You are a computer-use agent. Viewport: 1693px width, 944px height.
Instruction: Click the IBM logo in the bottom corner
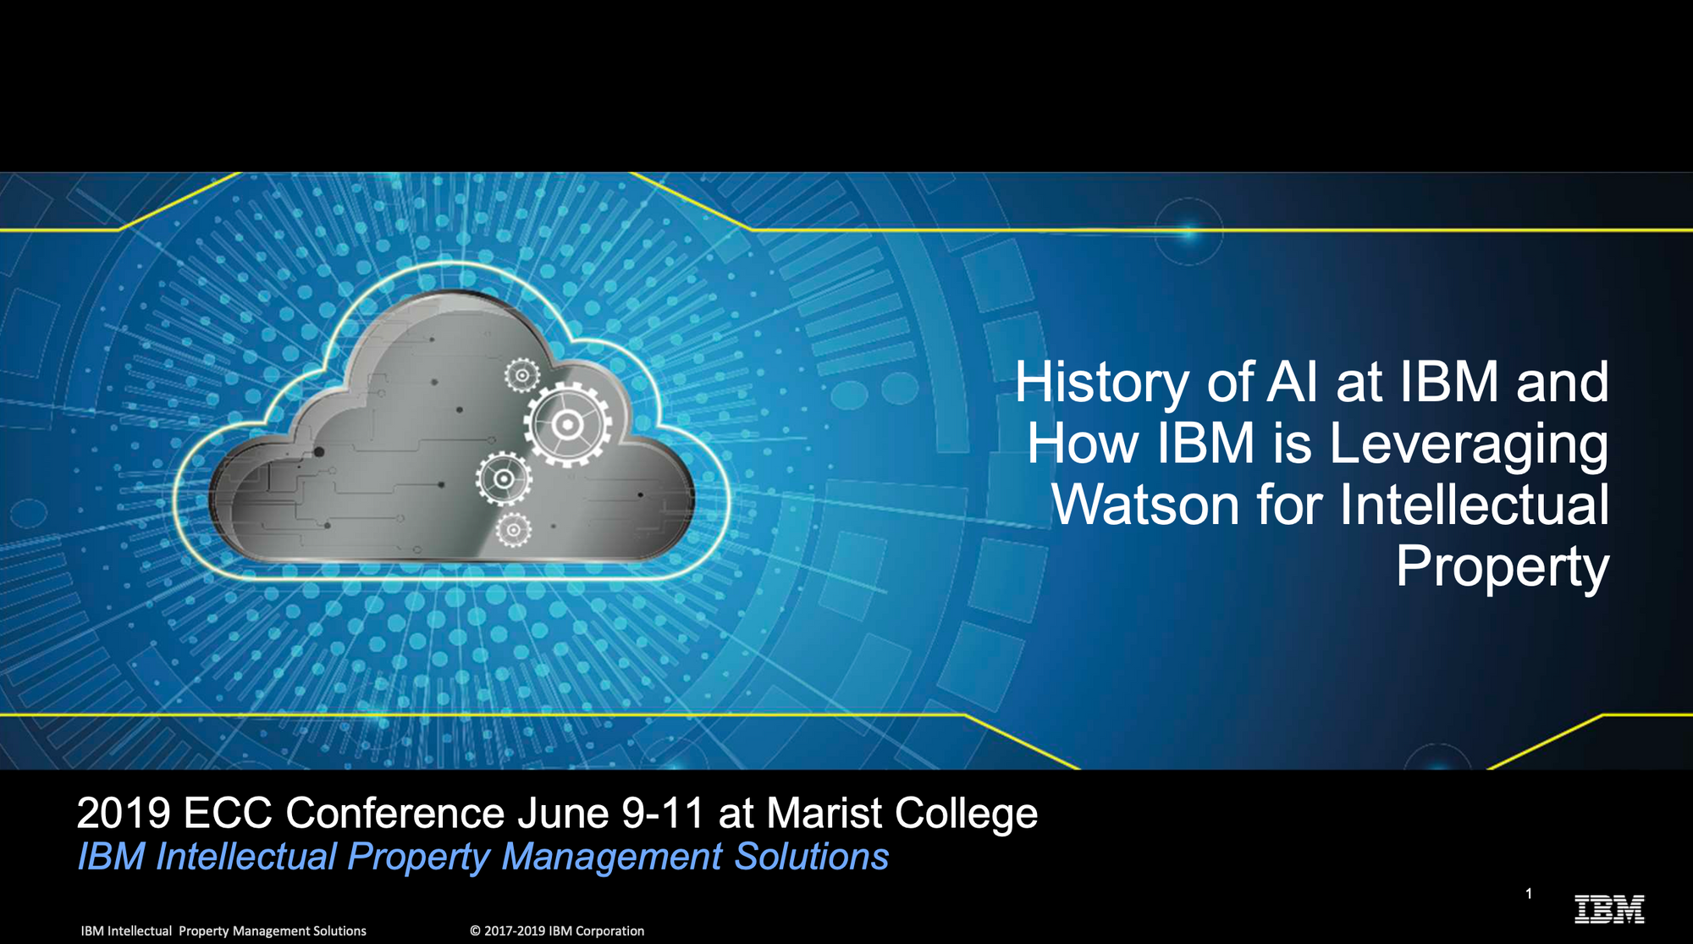pyautogui.click(x=1608, y=909)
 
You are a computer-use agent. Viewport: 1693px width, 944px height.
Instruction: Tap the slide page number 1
pyautogui.click(x=1529, y=893)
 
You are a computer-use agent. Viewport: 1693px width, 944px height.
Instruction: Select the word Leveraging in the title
pyautogui.click(x=1469, y=444)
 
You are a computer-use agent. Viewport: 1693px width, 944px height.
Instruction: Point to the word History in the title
pyautogui.click(x=1101, y=383)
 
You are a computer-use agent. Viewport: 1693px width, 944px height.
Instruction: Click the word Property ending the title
pyautogui.click(x=1502, y=566)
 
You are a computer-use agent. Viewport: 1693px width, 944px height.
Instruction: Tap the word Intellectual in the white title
pyautogui.click(x=1474, y=505)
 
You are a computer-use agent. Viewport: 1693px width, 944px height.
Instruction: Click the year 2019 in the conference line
pyautogui.click(x=124, y=814)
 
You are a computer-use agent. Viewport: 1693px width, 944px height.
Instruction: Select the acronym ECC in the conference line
pyautogui.click(x=227, y=814)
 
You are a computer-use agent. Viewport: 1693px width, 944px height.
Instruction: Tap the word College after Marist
pyautogui.click(x=966, y=814)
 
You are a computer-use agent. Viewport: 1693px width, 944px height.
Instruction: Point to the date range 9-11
pyautogui.click(x=663, y=814)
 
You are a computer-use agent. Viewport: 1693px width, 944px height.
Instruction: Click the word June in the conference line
pyautogui.click(x=563, y=814)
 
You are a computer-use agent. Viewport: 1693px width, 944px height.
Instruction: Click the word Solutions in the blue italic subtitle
pyautogui.click(x=811, y=857)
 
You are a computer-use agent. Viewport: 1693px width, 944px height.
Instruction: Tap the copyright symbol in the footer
pyautogui.click(x=476, y=931)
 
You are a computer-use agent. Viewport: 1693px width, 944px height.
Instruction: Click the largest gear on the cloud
pyautogui.click(x=567, y=424)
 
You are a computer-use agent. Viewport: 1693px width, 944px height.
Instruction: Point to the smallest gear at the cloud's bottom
pyautogui.click(x=513, y=530)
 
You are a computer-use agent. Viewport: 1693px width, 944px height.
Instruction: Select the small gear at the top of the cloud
pyautogui.click(x=521, y=375)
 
